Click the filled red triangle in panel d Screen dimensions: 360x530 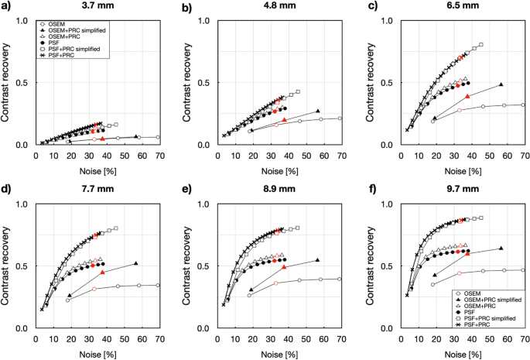point(103,273)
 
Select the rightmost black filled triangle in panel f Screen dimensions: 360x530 point(501,249)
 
